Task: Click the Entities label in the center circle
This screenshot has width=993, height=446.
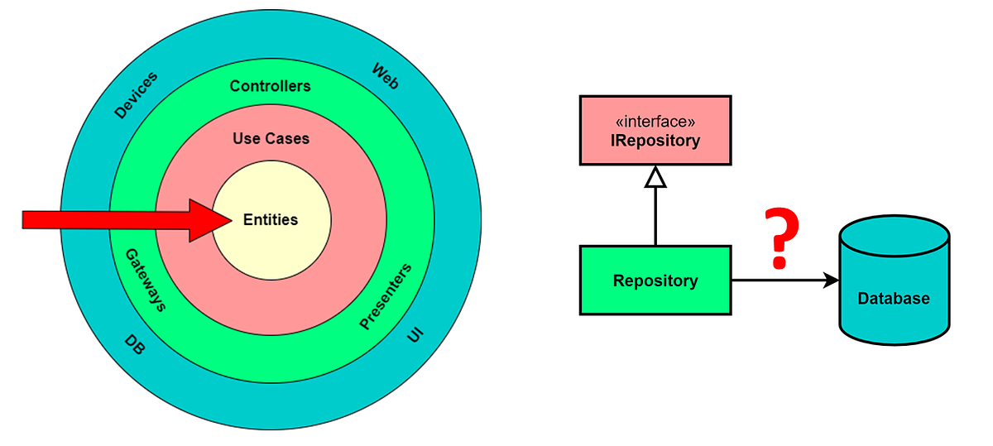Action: (x=271, y=220)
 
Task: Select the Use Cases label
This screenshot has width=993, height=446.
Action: (x=271, y=139)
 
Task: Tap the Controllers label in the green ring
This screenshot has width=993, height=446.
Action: (x=271, y=86)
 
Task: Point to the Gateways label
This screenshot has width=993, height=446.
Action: (x=146, y=280)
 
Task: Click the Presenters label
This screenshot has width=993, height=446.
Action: (x=386, y=297)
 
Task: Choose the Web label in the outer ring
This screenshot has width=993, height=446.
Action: (x=386, y=75)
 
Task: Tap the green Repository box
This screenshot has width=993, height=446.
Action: (x=655, y=281)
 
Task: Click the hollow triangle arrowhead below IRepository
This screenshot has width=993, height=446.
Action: (x=655, y=176)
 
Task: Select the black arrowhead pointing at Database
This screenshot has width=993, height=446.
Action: (x=831, y=281)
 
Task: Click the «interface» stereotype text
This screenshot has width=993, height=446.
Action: (x=655, y=120)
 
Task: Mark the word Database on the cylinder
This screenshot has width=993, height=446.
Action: (x=894, y=299)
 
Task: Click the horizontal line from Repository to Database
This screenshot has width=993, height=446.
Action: (x=778, y=281)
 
